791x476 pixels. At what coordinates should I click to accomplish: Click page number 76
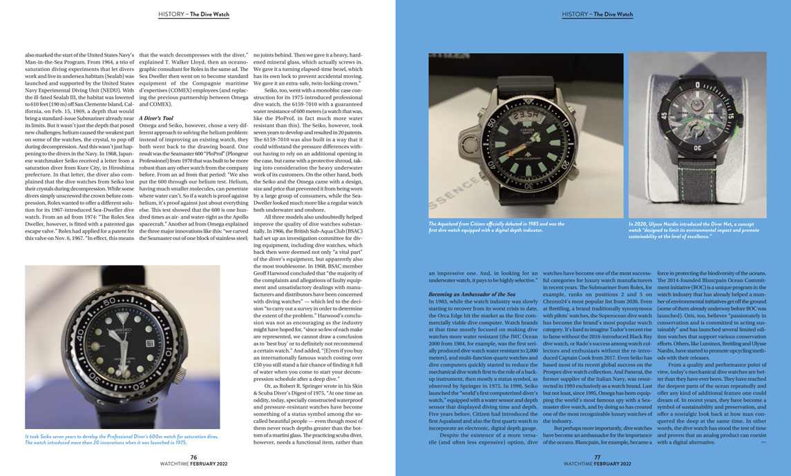click(194, 457)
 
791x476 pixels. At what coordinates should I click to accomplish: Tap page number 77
click(597, 457)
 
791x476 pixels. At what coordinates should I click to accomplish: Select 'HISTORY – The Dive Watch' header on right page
click(597, 14)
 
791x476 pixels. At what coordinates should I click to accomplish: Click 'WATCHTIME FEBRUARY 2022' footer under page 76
click(194, 465)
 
